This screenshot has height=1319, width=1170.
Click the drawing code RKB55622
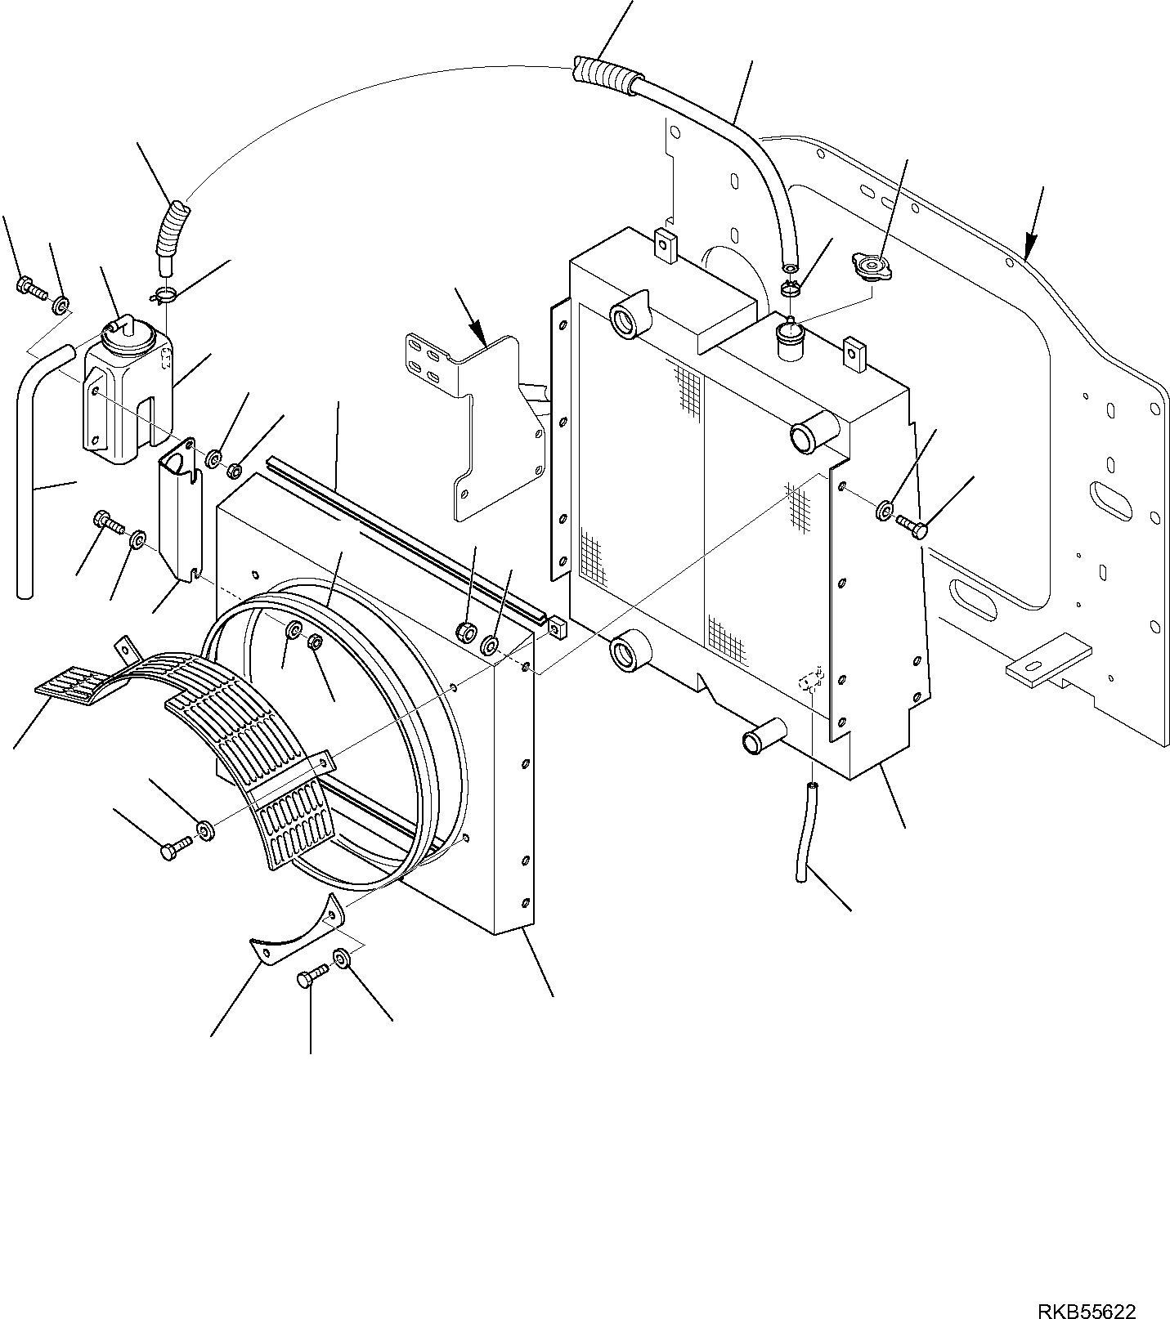[x=1087, y=1289]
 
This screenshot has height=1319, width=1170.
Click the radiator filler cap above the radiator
[x=872, y=265]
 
